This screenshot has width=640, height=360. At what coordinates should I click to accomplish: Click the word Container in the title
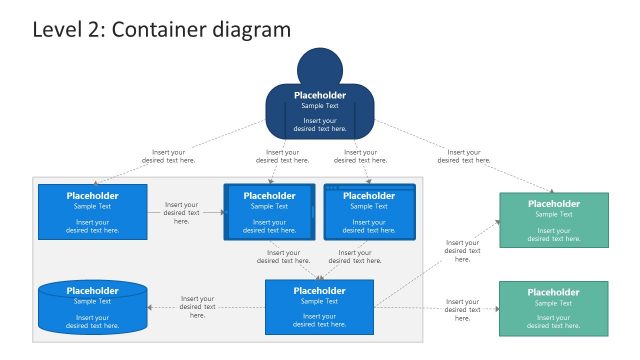[x=150, y=30]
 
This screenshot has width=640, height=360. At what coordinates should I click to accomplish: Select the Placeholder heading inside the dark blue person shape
[x=319, y=96]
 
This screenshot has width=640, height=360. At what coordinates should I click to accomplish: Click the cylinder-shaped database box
[x=92, y=307]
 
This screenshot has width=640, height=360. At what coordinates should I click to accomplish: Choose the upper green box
[x=553, y=220]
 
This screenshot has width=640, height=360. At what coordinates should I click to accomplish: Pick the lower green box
[x=553, y=307]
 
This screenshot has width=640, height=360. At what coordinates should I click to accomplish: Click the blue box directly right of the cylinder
[x=319, y=307]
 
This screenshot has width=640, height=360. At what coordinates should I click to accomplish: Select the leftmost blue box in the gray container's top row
[x=92, y=212]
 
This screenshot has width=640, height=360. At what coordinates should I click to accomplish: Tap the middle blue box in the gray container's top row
[x=269, y=212]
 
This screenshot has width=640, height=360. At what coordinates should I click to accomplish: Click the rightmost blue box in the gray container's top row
[x=369, y=212]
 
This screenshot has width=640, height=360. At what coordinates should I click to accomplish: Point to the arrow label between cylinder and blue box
[x=197, y=307]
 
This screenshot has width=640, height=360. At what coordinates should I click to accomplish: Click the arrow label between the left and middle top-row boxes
[x=181, y=213]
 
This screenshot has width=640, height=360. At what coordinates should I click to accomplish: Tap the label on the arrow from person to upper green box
[x=463, y=156]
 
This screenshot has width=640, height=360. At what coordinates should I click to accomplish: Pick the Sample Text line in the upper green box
[x=553, y=214]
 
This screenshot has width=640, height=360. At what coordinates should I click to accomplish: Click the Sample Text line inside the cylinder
[x=92, y=301]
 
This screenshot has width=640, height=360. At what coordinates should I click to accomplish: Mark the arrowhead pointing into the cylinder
[x=152, y=307]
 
